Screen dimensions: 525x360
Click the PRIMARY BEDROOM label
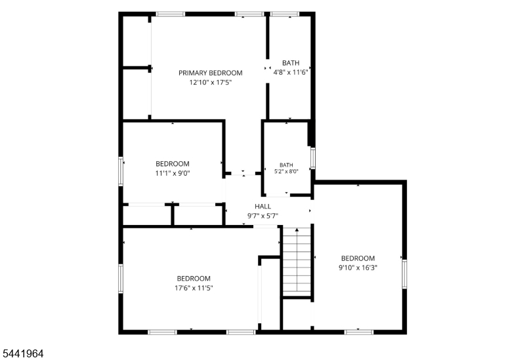tap(210, 73)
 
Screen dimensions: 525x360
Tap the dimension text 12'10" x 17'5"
tap(210, 83)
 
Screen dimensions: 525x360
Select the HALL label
tap(263, 207)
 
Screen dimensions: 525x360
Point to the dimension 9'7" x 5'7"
tap(263, 216)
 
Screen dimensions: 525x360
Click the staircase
tap(297, 261)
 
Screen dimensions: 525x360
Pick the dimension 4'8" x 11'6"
tap(291, 72)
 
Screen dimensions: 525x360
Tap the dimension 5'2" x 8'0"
tap(286, 171)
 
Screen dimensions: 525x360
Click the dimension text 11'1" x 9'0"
tap(173, 173)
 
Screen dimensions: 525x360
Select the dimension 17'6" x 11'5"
tap(194, 288)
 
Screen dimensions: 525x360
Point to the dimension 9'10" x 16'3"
tap(358, 268)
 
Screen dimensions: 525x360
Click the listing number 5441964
tap(23, 353)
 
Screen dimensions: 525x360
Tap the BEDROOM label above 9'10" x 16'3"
tap(358, 258)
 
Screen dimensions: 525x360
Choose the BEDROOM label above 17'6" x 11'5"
tap(194, 279)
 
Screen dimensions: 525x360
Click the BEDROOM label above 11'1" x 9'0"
tap(173, 164)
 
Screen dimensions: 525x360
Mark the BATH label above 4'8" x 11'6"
tap(291, 63)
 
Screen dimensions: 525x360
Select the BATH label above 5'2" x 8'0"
tap(286, 165)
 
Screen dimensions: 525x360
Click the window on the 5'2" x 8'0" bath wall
tap(313, 157)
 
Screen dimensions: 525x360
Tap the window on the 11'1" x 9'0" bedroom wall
tap(121, 171)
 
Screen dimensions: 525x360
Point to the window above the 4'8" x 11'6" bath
tap(285, 14)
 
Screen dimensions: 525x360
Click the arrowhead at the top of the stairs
tap(297, 230)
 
